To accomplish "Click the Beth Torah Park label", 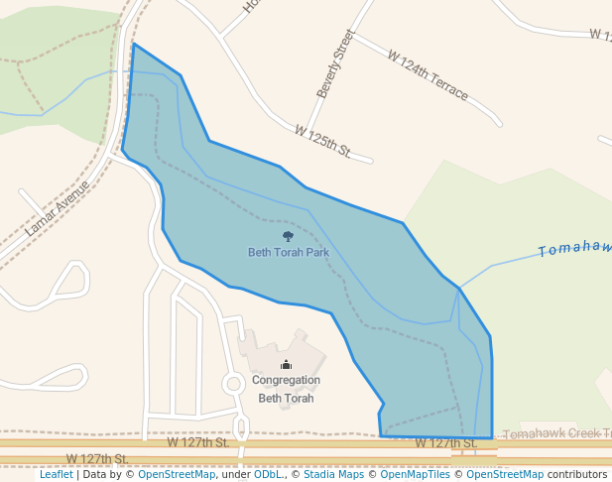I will pyautogui.click(x=288, y=252).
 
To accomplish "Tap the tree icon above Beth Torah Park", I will pyautogui.click(x=288, y=236).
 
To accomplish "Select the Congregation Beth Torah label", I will pyautogui.click(x=286, y=389).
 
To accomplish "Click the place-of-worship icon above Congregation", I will pyautogui.click(x=286, y=365).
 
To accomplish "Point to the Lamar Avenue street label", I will pyautogui.click(x=58, y=207).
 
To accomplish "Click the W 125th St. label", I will pyautogui.click(x=323, y=141).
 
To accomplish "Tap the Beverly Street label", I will pyautogui.click(x=335, y=63).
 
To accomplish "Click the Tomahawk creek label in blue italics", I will pyautogui.click(x=574, y=247).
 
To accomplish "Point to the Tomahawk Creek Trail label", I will pyautogui.click(x=555, y=434).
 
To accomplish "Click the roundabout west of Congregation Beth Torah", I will pyautogui.click(x=234, y=383).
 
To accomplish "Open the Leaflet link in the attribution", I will pyautogui.click(x=57, y=474).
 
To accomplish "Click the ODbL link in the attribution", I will pyautogui.click(x=268, y=474).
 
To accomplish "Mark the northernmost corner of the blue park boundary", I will pyautogui.click(x=133, y=45).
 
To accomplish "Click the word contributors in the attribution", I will pyautogui.click(x=576, y=474).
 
